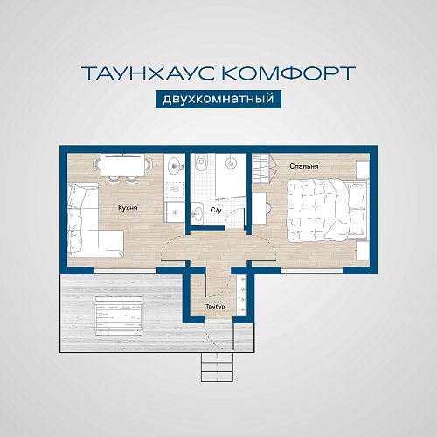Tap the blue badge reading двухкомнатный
coord(218,99)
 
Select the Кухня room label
coord(128,208)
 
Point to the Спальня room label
coord(304,164)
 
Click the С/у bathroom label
coord(215,212)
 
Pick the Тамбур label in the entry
coord(216,306)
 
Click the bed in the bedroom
coord(322,206)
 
